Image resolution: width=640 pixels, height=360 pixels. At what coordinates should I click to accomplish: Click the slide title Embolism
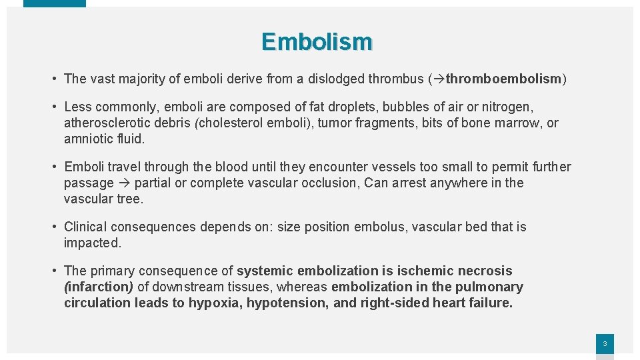pyautogui.click(x=317, y=42)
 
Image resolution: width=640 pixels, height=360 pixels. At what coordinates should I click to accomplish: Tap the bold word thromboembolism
pyautogui.click(x=503, y=79)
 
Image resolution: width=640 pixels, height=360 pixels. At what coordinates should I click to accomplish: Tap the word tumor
pyautogui.click(x=334, y=123)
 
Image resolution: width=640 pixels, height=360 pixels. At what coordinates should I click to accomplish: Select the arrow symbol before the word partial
pyautogui.click(x=125, y=183)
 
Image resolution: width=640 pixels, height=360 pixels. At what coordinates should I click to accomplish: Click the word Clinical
pyautogui.click(x=85, y=227)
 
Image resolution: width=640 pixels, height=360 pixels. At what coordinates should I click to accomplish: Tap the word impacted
pyautogui.click(x=92, y=243)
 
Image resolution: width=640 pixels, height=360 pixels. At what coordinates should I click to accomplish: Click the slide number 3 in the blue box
pyautogui.click(x=605, y=344)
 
